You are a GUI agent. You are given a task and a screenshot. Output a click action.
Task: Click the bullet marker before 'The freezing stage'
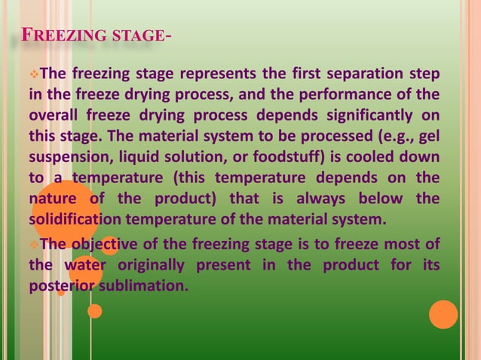(x=33, y=75)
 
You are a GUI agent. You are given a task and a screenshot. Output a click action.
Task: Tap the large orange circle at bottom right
(x=443, y=315)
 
